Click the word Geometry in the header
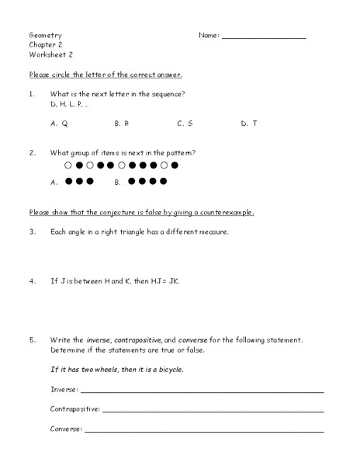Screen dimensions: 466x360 [x=46, y=36]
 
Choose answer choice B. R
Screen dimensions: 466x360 [x=122, y=123]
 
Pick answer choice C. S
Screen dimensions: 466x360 [x=185, y=123]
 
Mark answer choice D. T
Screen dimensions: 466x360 [x=249, y=123]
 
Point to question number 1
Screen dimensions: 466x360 [x=32, y=94]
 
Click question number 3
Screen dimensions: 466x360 [x=32, y=231]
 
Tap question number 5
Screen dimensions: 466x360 [x=32, y=339]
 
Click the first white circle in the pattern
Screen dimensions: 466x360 [x=68, y=165]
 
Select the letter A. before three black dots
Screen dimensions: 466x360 [x=54, y=183]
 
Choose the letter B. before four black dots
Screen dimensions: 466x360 [x=118, y=183]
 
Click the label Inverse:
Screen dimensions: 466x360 [x=64, y=388]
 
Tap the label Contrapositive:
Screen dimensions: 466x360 [x=74, y=409]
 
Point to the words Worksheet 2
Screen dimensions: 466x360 [x=50, y=54]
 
